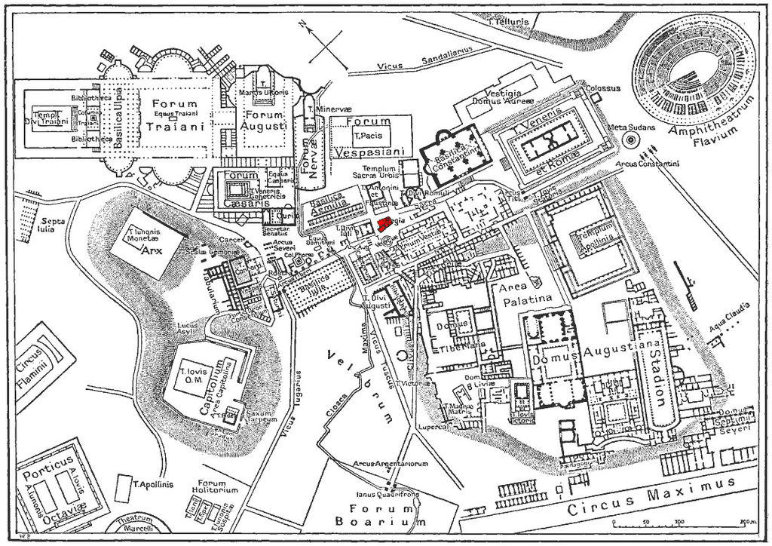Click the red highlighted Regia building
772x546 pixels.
(x=384, y=223)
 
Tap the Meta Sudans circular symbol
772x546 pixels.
(x=630, y=140)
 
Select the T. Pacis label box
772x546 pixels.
(x=368, y=136)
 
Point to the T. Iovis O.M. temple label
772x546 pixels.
(x=194, y=375)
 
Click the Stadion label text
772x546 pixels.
(x=658, y=370)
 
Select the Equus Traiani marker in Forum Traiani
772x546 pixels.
(x=173, y=114)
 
